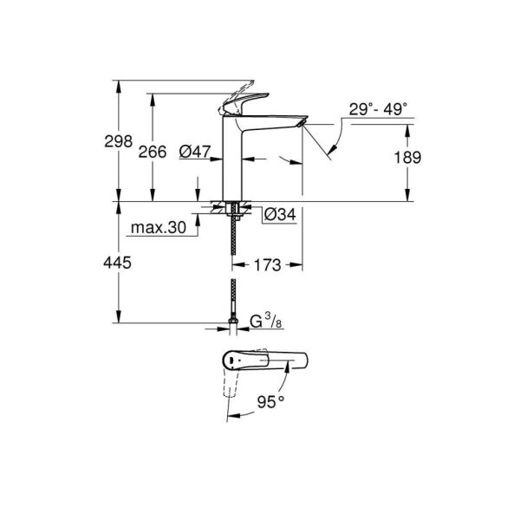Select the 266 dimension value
coord(153,152)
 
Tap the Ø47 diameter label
coord(197,152)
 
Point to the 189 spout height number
coord(406,158)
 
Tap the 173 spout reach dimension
coord(267,265)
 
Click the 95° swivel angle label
coord(272,402)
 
